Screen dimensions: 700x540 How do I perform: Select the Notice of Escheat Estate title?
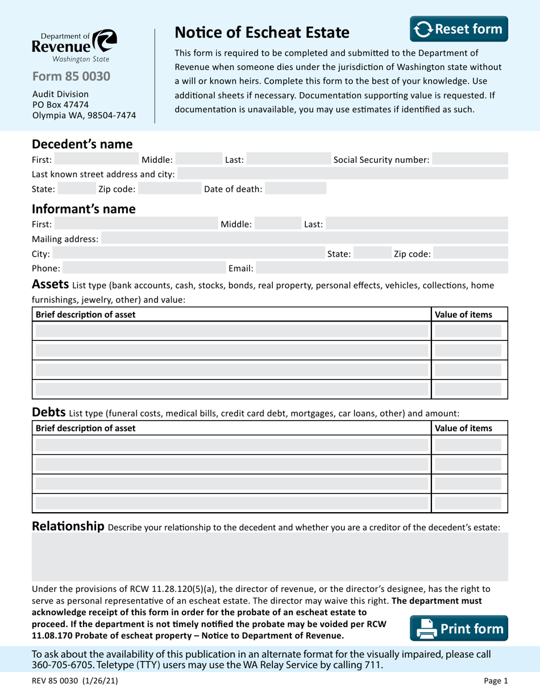[261, 32]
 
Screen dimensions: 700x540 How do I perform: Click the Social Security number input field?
[470, 160]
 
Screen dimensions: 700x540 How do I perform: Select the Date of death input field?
[296, 189]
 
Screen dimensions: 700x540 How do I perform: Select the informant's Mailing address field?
[304, 238]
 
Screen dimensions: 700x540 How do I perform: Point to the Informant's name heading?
[84, 209]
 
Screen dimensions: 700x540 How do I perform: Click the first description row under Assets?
[231, 331]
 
